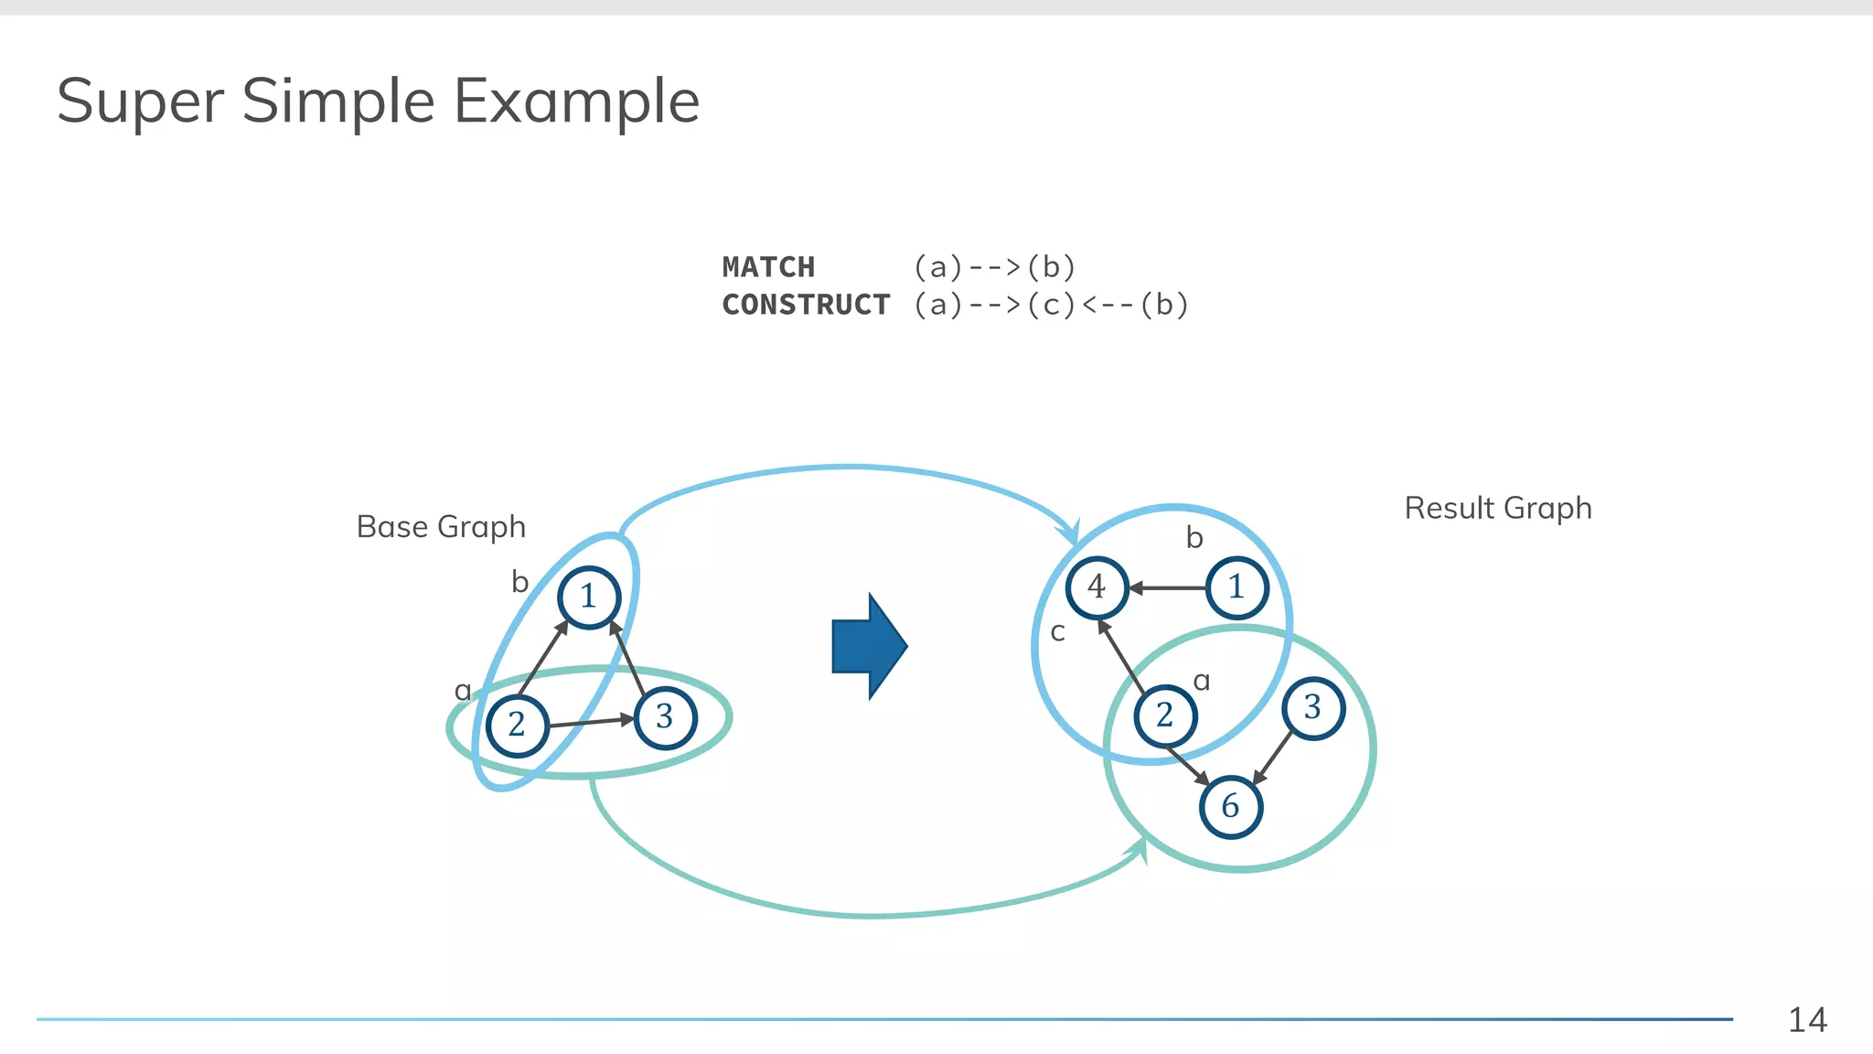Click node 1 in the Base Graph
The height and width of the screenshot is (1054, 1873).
(x=589, y=597)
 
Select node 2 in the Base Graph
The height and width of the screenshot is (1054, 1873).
(x=518, y=725)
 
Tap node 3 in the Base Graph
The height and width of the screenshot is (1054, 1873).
(x=665, y=717)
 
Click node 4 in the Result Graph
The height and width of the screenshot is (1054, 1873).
(x=1097, y=587)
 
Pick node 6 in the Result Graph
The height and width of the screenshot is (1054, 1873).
(x=1231, y=806)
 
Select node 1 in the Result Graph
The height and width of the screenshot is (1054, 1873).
(x=1236, y=587)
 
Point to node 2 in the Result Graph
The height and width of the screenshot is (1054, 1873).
(x=1165, y=715)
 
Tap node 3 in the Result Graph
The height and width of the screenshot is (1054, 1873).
(x=1313, y=707)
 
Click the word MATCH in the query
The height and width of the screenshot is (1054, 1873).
(x=768, y=267)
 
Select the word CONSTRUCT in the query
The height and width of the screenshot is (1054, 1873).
(x=806, y=305)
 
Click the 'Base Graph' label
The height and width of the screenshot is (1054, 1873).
(x=441, y=527)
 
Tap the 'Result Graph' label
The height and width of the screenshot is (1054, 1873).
(x=1498, y=508)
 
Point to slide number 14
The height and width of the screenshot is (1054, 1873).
(x=1807, y=1020)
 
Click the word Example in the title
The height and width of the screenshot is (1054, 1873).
(x=576, y=101)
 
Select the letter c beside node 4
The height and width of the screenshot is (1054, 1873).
(x=1058, y=632)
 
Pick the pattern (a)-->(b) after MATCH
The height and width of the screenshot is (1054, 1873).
(x=995, y=267)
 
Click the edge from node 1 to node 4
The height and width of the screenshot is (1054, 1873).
(x=1169, y=588)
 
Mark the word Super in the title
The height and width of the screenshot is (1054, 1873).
(x=140, y=101)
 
